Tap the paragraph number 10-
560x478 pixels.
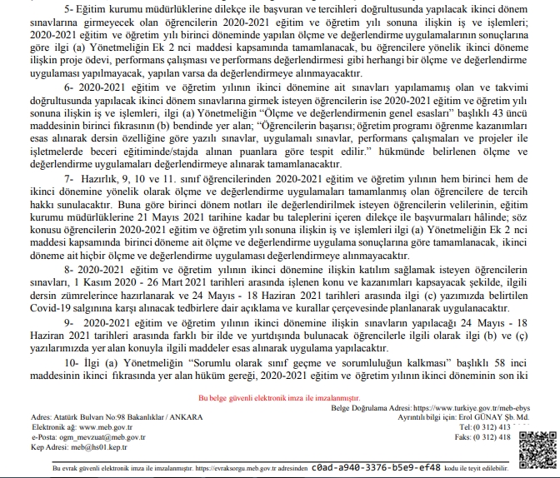[69, 365]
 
